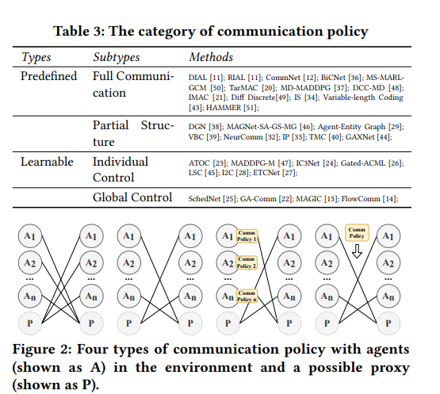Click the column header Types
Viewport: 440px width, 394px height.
(x=36, y=57)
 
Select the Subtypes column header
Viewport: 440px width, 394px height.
(x=117, y=57)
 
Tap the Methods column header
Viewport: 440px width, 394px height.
(x=211, y=57)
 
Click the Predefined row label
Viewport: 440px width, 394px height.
(x=48, y=76)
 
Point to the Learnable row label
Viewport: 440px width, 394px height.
(x=47, y=162)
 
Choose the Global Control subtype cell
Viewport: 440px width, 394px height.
(x=132, y=197)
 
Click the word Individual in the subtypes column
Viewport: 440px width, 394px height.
(x=121, y=162)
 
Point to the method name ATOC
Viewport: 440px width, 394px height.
(x=199, y=163)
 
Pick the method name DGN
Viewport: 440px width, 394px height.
(x=197, y=127)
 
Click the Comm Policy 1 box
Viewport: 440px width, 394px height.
(x=247, y=235)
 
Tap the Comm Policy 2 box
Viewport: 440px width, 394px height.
(x=247, y=262)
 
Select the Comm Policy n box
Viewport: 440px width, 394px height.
(x=247, y=296)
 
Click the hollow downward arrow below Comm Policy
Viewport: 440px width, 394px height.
(x=357, y=251)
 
